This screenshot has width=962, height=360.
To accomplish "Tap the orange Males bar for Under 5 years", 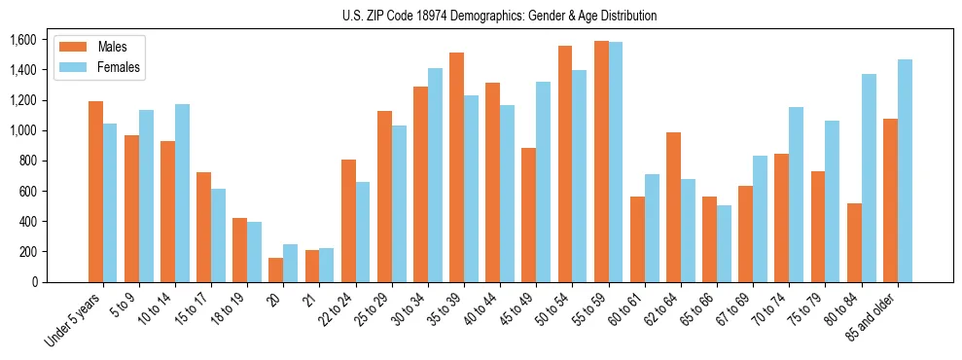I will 95,192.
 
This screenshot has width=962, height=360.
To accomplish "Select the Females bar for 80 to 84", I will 869,178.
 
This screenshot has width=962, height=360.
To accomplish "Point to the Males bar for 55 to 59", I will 601,162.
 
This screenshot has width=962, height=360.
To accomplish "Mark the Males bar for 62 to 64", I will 673,207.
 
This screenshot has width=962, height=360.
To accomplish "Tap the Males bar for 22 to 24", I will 348,221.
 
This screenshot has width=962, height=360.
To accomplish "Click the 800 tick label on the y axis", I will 26,162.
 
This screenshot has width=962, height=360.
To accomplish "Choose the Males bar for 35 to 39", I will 456,167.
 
